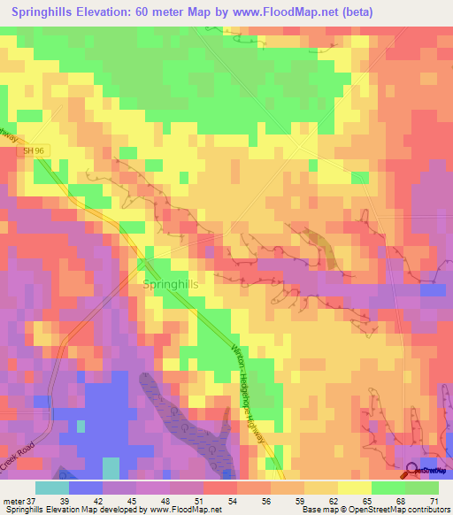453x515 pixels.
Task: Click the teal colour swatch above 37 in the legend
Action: click(x=51, y=488)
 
